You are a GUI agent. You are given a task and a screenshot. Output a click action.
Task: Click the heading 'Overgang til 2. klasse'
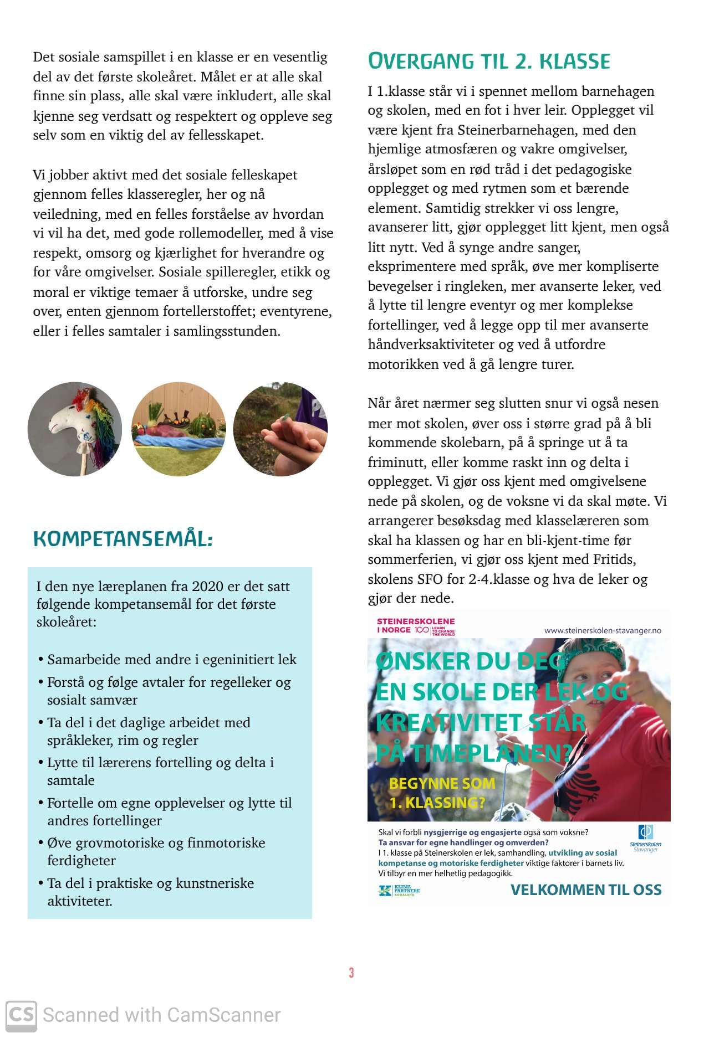pos(488,61)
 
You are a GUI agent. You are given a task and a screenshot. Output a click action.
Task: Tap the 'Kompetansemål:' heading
pos(123,538)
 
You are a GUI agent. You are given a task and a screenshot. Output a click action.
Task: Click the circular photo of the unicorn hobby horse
pos(75,429)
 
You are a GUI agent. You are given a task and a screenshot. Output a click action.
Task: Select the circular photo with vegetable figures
pos(178,429)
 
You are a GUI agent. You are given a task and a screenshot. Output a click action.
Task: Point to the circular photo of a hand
pos(280,429)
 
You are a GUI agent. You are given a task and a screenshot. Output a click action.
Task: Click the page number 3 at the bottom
pos(351,973)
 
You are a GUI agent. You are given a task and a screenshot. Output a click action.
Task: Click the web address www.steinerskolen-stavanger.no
pos(603,630)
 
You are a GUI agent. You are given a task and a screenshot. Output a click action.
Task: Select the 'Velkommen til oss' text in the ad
pos(585,890)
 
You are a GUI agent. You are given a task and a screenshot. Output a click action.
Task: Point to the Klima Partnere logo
pos(400,891)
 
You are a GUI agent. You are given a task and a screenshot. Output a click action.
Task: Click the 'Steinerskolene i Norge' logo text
pos(415,625)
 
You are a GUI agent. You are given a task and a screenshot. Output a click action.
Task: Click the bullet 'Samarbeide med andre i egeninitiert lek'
pos(171,659)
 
